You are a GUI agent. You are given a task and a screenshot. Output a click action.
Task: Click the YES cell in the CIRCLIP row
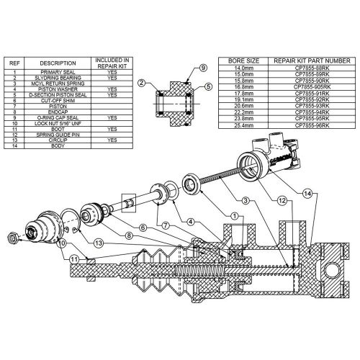click(x=112, y=139)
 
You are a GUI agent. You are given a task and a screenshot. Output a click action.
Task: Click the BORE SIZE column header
click(x=243, y=62)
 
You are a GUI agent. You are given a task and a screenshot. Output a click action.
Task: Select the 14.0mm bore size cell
click(x=243, y=71)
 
